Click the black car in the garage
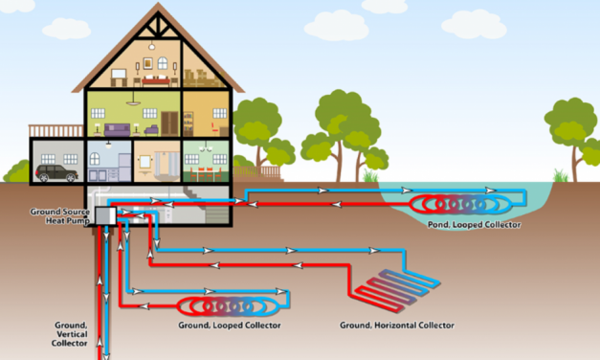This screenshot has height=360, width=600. point(56,173)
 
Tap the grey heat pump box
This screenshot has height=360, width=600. point(104,217)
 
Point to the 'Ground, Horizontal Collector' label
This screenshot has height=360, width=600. point(397,326)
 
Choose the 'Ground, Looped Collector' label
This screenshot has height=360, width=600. point(230,326)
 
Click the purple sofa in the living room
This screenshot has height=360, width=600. point(120,129)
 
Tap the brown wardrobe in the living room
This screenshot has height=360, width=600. point(168,122)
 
